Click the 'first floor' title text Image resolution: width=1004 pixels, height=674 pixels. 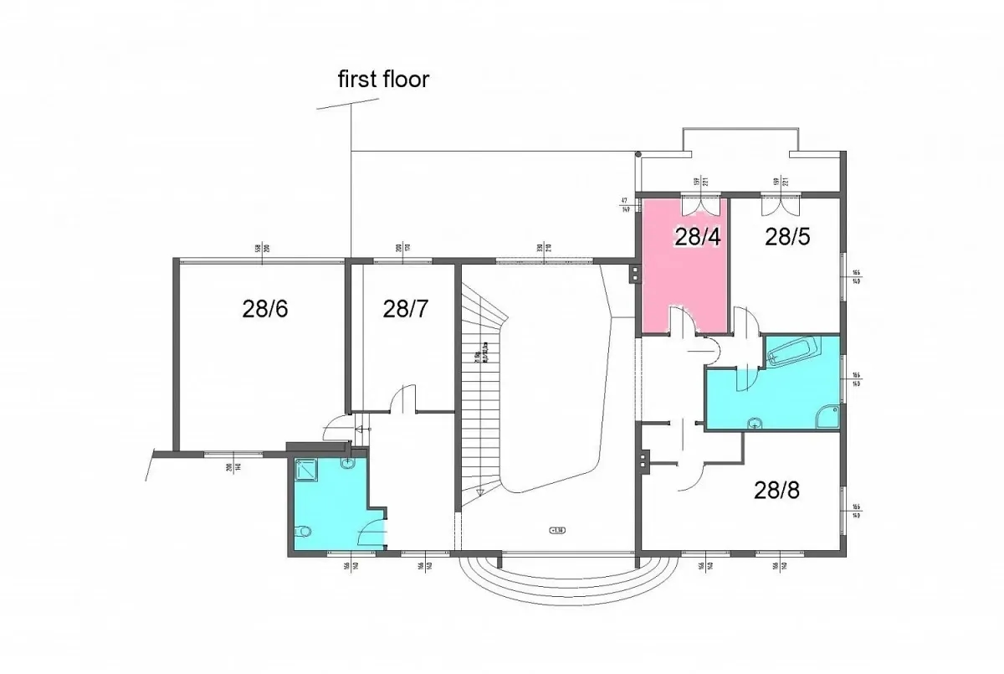coord(383,80)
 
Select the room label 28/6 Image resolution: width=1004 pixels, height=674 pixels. coord(265,309)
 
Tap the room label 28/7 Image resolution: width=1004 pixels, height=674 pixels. coord(406,309)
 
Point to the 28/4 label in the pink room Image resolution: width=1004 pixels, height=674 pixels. coord(699,237)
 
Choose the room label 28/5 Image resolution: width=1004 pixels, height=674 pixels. coord(787,237)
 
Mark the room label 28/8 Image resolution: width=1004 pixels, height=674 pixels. coord(776,490)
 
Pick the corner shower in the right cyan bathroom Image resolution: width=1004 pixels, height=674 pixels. coord(828,415)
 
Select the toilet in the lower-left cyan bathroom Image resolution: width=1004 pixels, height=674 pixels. coord(304,530)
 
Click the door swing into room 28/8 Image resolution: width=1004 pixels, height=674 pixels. coord(691,476)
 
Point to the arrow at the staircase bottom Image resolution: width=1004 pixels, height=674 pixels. coord(480,493)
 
